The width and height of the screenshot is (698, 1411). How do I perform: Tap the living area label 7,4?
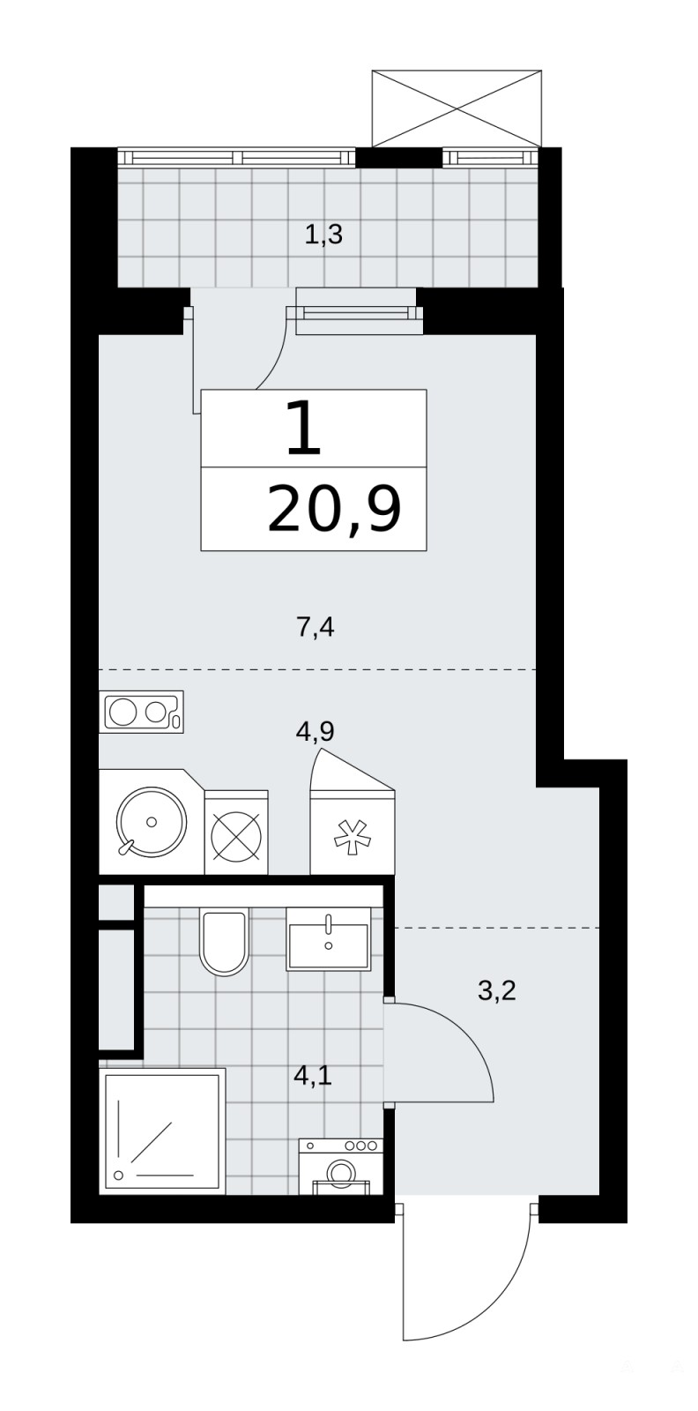click(x=315, y=627)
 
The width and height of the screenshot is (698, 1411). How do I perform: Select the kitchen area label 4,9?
click(x=315, y=731)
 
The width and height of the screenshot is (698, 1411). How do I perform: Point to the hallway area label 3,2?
click(x=496, y=991)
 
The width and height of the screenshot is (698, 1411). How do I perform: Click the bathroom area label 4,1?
click(x=313, y=1075)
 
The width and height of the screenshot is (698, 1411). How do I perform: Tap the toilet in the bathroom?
click(x=224, y=941)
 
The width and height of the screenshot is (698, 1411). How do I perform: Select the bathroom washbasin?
click(x=328, y=938)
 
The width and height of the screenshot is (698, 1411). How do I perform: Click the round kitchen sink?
click(x=152, y=821)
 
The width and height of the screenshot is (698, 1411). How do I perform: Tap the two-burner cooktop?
click(x=142, y=712)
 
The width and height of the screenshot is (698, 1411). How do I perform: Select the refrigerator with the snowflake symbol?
click(x=353, y=832)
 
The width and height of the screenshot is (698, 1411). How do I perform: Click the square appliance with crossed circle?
click(x=236, y=832)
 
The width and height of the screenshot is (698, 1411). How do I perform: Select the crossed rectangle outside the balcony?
click(x=457, y=108)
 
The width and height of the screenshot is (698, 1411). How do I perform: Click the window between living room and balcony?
click(x=355, y=312)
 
